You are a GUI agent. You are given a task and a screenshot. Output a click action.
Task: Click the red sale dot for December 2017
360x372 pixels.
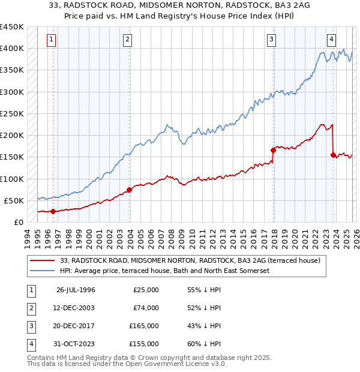pos(274,150)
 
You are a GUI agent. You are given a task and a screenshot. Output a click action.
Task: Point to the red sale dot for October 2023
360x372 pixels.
pos(333,155)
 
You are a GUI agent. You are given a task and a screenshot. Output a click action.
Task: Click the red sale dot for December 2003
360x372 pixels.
pos(130,190)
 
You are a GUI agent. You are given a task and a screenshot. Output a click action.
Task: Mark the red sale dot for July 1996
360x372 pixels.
pos(53,211)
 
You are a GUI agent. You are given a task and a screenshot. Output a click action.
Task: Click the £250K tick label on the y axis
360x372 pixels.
pos(12,113)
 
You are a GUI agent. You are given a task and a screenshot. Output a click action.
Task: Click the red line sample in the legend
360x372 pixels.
pos(42,261)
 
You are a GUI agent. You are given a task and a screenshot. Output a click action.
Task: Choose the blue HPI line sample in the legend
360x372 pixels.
pos(42,271)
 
